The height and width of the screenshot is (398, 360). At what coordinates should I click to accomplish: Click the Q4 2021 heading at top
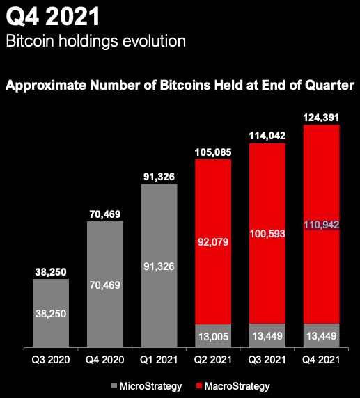pyautogui.click(x=53, y=17)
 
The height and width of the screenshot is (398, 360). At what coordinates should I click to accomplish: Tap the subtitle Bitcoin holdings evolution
pyautogui.click(x=96, y=41)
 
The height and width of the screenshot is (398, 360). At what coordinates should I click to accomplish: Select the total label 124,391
pyautogui.click(x=321, y=118)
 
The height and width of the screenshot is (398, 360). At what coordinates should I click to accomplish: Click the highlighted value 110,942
pyautogui.click(x=322, y=225)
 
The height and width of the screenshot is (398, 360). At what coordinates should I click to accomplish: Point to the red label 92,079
pyautogui.click(x=213, y=242)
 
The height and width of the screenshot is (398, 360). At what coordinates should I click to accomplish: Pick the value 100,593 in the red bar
pyautogui.click(x=267, y=234)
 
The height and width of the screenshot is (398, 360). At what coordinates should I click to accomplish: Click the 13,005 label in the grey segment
pyautogui.click(x=213, y=337)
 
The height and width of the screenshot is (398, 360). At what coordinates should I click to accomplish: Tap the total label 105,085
pyautogui.click(x=213, y=152)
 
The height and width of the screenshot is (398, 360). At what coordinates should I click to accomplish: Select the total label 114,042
pyautogui.click(x=267, y=136)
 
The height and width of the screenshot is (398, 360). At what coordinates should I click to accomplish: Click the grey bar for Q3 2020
pyautogui.click(x=51, y=313)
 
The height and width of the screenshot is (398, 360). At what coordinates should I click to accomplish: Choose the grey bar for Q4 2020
pyautogui.click(x=105, y=285)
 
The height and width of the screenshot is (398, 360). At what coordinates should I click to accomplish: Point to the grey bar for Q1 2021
pyautogui.click(x=159, y=266)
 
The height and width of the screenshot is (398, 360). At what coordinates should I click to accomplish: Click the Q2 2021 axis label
pyautogui.click(x=213, y=360)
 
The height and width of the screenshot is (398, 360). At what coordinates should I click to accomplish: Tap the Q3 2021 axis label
pyautogui.click(x=267, y=360)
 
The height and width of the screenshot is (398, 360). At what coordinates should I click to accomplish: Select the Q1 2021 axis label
pyautogui.click(x=159, y=360)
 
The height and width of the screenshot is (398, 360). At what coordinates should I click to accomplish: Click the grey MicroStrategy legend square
pyautogui.click(x=114, y=385)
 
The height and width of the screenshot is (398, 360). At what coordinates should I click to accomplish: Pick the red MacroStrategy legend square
pyautogui.click(x=199, y=385)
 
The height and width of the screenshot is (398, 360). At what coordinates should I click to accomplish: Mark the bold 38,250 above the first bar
pyautogui.click(x=51, y=272)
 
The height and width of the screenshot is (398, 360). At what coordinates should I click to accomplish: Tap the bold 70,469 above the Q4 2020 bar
pyautogui.click(x=105, y=214)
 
